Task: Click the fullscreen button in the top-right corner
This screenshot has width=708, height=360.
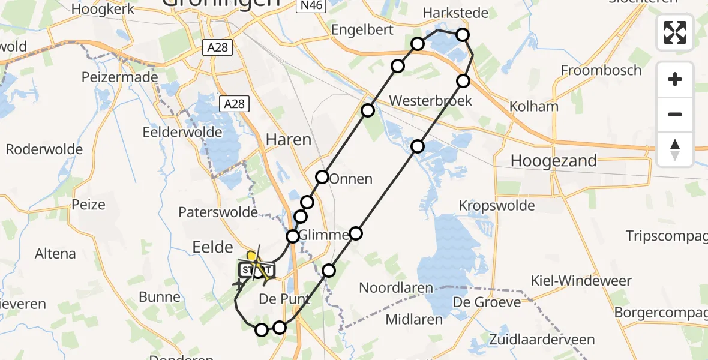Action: pyautogui.click(x=675, y=32)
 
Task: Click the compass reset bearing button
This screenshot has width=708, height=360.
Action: pyautogui.click(x=675, y=149)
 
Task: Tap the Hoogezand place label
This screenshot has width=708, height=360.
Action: pyautogui.click(x=553, y=161)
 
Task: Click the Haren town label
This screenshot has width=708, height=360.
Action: pyautogui.click(x=289, y=140)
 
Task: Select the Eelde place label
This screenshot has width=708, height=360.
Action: pyautogui.click(x=212, y=247)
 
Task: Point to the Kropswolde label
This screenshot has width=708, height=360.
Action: pyautogui.click(x=497, y=206)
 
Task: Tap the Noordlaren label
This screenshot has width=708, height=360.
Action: pyautogui.click(x=396, y=288)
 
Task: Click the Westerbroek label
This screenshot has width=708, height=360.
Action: pyautogui.click(x=431, y=100)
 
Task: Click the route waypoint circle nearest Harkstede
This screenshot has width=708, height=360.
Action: pyautogui.click(x=463, y=35)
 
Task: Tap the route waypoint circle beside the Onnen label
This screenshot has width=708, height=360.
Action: pyautogui.click(x=323, y=177)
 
